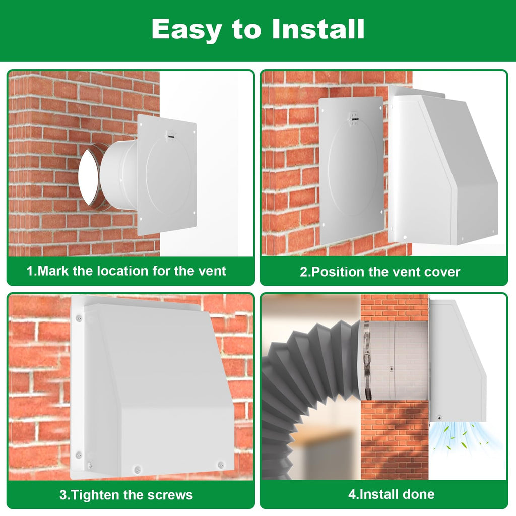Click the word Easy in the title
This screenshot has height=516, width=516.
click(186, 30)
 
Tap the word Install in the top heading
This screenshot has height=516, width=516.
click(318, 29)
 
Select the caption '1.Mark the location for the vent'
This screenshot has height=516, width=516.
click(126, 271)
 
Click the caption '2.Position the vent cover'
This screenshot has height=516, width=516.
click(380, 272)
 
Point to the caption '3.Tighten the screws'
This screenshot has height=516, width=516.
click(126, 495)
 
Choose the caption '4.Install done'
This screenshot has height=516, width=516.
click(391, 494)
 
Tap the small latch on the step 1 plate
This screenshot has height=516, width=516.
click(170, 136)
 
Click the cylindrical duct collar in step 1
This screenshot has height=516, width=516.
click(118, 175)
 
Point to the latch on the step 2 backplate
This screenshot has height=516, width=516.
click(354, 118)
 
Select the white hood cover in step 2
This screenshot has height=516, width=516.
click(442, 165)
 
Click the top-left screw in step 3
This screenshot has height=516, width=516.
click(79, 318)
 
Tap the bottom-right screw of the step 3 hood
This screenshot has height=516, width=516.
click(221, 465)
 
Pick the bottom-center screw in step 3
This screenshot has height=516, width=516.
click(137, 469)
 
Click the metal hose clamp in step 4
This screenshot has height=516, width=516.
click(367, 360)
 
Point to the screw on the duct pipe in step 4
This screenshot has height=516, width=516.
click(391, 369)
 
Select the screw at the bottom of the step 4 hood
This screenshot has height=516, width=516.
click(439, 418)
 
